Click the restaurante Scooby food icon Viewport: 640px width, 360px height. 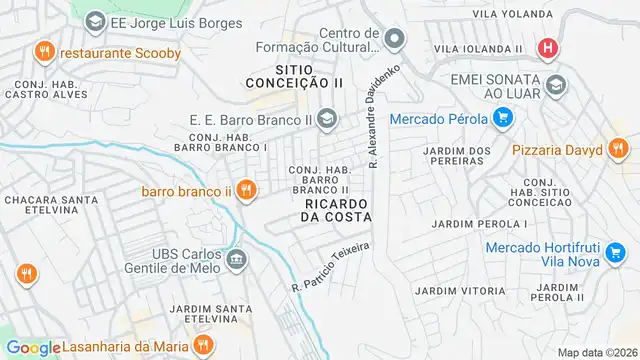(x=43, y=50)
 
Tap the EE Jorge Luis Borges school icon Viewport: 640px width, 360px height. (x=94, y=20)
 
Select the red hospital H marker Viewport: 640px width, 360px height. (x=547, y=47)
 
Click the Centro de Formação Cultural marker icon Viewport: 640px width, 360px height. (x=395, y=40)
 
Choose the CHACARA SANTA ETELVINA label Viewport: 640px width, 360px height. (x=45, y=207)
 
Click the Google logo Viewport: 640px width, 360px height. (x=33, y=347)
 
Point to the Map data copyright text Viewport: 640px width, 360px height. (x=597, y=352)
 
